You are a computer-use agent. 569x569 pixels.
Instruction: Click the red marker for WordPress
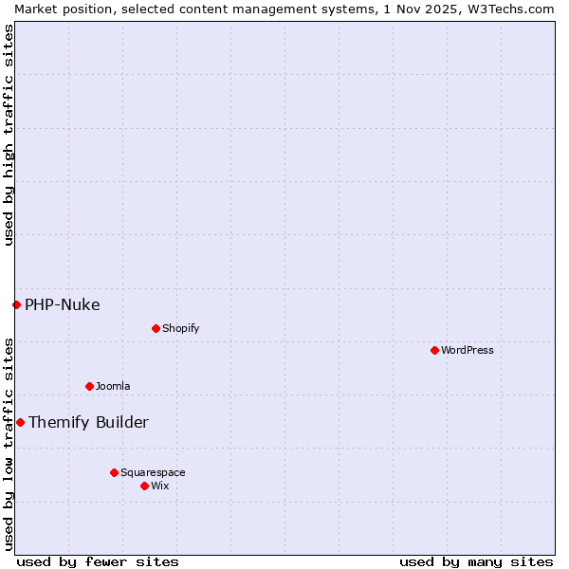point(434,350)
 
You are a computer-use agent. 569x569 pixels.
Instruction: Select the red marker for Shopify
point(156,328)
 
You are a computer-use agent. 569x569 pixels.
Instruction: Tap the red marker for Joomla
point(89,386)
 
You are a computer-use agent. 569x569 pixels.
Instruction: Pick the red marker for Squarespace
point(114,472)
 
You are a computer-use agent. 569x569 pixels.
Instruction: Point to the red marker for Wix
point(144,486)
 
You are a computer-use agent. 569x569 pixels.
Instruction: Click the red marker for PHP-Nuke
point(16,304)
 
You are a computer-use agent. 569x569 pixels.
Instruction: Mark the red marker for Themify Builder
point(20,422)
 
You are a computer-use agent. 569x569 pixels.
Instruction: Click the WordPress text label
point(468,350)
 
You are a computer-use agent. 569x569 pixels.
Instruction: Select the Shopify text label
point(180,328)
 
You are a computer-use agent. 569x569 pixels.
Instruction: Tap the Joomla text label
point(113,386)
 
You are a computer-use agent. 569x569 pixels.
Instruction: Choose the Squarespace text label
point(153,472)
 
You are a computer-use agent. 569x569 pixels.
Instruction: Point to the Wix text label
point(160,486)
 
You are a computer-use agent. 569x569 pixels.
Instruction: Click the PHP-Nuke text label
point(63,304)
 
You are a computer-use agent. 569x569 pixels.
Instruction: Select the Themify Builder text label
point(88,422)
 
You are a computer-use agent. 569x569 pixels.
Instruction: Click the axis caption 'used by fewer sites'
point(98,561)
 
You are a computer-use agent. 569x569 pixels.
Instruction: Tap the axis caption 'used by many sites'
point(476,561)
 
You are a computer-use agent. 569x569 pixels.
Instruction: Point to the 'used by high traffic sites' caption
point(9,135)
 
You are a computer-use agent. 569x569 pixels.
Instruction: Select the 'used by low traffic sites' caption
point(9,443)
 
